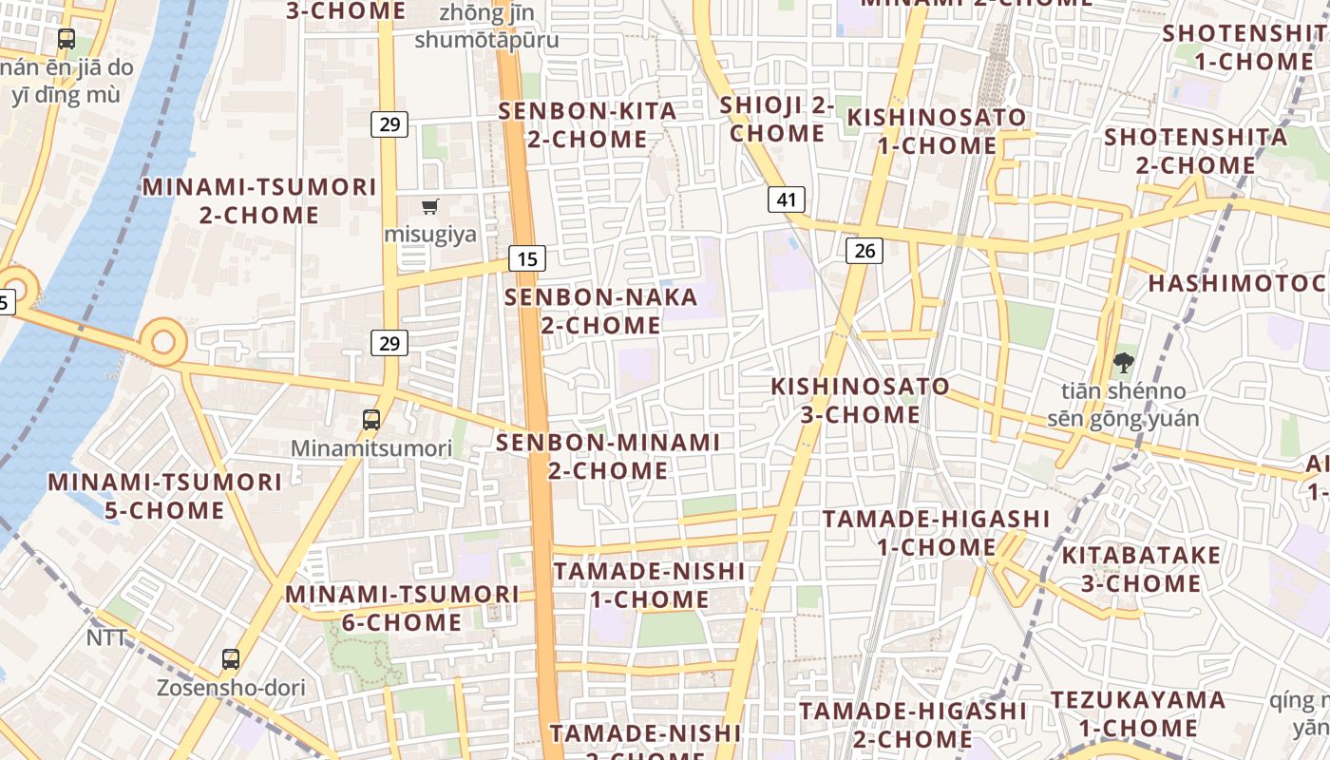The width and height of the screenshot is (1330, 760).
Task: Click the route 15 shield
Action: point(527,257)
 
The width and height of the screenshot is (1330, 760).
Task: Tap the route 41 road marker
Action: point(786,199)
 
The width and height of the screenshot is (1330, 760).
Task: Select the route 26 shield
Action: point(864,251)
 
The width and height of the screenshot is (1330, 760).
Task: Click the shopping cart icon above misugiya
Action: point(430,206)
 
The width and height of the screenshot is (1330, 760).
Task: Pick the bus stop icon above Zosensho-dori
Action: point(230,658)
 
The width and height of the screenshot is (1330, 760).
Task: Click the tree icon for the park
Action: point(1123,362)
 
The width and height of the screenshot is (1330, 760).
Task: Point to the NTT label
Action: point(106,638)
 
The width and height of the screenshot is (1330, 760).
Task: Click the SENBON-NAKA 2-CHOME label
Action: point(600,312)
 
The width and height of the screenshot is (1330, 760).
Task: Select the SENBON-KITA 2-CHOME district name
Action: point(588,125)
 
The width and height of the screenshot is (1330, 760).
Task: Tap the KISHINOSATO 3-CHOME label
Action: point(860,401)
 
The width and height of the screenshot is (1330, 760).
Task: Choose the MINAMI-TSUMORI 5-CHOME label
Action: point(164,496)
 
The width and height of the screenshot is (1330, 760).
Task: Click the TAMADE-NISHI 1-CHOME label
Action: point(649,585)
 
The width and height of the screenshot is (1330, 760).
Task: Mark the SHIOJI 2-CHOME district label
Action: point(777,120)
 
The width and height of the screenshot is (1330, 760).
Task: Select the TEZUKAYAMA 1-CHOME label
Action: point(1137,714)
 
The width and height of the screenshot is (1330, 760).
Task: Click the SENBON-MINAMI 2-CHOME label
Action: point(608,456)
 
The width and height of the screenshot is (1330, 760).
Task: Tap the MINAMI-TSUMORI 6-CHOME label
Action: point(402,608)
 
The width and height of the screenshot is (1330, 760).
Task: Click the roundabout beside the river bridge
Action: point(163,341)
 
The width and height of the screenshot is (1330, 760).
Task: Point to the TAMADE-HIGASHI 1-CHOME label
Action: point(936,533)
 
